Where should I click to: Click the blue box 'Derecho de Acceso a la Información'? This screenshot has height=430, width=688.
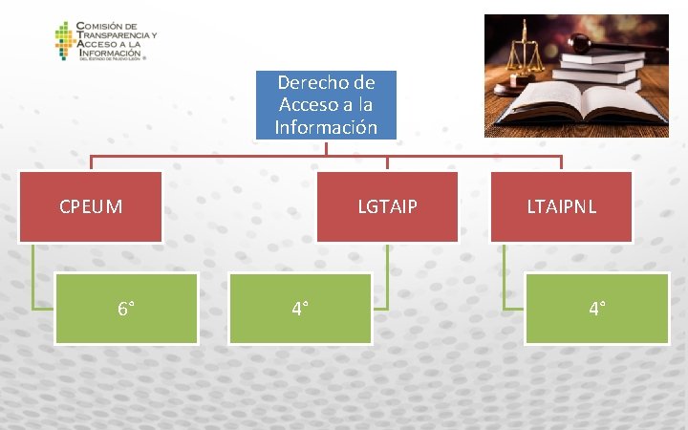[326, 105]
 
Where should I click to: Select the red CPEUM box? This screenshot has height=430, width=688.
[91, 205]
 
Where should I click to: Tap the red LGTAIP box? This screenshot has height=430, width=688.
[387, 205]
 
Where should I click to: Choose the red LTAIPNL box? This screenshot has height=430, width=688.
[561, 205]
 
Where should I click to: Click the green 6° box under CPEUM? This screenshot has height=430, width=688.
[126, 309]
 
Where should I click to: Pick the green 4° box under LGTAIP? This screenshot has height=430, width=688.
[299, 309]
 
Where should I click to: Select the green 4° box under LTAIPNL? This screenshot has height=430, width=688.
[598, 309]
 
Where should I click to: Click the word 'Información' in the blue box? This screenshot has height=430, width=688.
[326, 126]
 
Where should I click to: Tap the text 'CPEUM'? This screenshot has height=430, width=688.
[91, 205]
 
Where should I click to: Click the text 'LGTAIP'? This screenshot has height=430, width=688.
[387, 205]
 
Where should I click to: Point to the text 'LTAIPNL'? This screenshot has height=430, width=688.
[561, 205]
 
